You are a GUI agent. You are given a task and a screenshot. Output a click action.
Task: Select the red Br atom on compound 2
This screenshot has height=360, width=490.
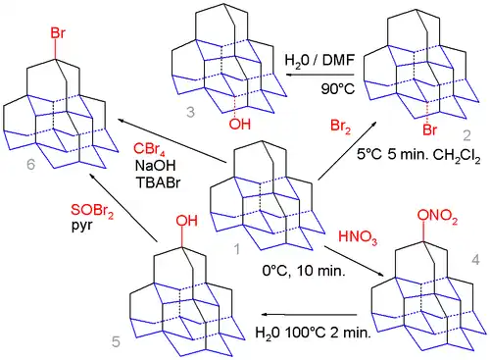click(x=424, y=129)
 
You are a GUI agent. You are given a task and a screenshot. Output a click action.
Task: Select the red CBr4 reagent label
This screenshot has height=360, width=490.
click(x=147, y=148)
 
